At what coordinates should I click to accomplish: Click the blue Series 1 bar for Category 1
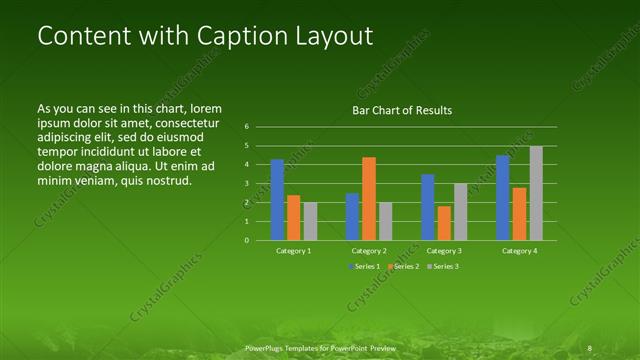(277, 200)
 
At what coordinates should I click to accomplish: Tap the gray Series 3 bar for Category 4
(536, 193)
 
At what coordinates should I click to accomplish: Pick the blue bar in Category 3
(427, 207)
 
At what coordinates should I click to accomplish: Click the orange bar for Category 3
(443, 223)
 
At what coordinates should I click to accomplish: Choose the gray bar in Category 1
(310, 221)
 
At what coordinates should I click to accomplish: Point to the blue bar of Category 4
(503, 198)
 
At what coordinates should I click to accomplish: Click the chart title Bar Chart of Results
(402, 110)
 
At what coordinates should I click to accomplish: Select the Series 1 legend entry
(366, 266)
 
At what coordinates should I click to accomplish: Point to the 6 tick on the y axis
(247, 127)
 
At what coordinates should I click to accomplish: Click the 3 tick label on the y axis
(247, 184)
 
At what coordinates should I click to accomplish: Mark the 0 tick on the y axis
(247, 240)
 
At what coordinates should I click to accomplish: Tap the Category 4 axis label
(519, 251)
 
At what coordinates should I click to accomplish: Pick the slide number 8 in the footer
(591, 347)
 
